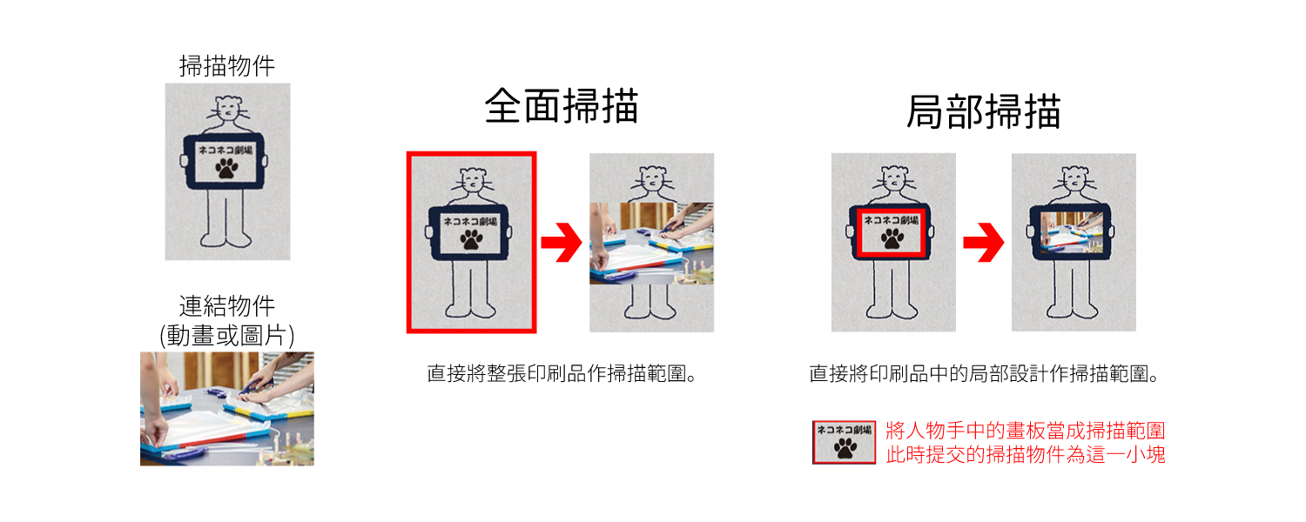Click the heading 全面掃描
click(562, 106)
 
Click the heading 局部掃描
click(984, 111)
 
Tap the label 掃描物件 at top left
click(226, 66)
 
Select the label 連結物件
click(226, 306)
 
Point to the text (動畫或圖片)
click(226, 336)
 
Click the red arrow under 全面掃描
click(562, 242)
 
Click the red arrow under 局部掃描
click(984, 242)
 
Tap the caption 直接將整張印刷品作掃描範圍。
click(562, 373)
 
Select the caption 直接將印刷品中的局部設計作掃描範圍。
click(984, 373)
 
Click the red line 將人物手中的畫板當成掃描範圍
click(1026, 431)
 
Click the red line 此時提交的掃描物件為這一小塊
click(1026, 454)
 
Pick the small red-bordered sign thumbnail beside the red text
click(845, 442)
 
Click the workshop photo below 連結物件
click(226, 408)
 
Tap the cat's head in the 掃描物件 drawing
click(228, 109)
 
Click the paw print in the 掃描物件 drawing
click(226, 169)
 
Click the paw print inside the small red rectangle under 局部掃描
click(892, 238)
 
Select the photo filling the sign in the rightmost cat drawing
click(1072, 232)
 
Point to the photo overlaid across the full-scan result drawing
click(651, 243)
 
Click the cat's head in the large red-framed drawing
click(473, 180)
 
